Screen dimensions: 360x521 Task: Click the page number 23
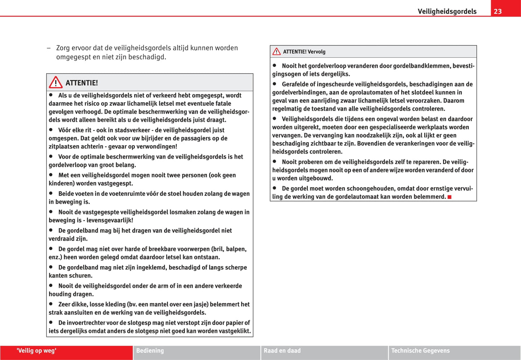(x=498, y=11)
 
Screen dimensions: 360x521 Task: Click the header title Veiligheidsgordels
(x=447, y=11)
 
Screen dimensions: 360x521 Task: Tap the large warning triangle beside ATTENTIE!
(x=56, y=83)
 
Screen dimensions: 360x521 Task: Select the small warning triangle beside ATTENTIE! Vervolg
(x=277, y=52)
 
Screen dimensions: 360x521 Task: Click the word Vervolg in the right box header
(x=317, y=52)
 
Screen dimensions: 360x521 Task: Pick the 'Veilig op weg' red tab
(x=36, y=351)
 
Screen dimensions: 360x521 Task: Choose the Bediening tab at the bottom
(x=150, y=351)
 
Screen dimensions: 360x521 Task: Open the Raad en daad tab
(x=282, y=351)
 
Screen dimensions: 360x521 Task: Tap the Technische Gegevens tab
(x=420, y=351)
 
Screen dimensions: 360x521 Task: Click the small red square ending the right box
(x=450, y=197)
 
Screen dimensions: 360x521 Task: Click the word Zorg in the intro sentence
(x=63, y=48)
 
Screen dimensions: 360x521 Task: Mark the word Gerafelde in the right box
(x=295, y=84)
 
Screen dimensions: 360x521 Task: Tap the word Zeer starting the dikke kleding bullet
(x=65, y=304)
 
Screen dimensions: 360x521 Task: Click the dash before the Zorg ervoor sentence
(x=48, y=48)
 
